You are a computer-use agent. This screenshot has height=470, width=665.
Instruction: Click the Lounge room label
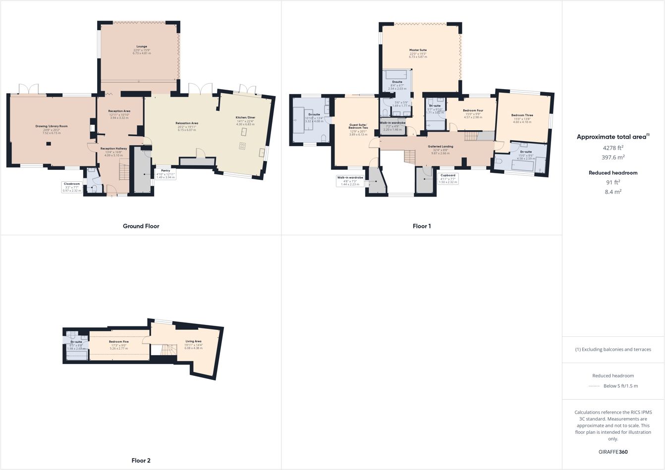click(x=142, y=47)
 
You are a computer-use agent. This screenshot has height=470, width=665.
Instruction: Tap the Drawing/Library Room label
click(x=52, y=126)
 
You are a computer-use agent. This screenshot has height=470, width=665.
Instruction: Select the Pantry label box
click(x=166, y=174)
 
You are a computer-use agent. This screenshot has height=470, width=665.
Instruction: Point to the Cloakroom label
click(x=71, y=187)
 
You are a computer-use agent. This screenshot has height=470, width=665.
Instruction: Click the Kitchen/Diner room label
click(x=245, y=118)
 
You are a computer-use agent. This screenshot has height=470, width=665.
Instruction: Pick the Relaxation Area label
click(x=187, y=123)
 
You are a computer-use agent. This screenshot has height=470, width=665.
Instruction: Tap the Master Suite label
click(x=418, y=50)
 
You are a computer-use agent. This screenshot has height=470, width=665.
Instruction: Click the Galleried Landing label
click(x=441, y=147)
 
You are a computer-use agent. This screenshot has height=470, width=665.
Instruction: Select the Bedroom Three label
click(x=522, y=115)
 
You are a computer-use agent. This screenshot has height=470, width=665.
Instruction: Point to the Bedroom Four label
click(x=473, y=110)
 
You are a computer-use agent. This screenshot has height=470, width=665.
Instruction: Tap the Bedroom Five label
click(x=119, y=342)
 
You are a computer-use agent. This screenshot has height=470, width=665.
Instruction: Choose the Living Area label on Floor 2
click(x=194, y=341)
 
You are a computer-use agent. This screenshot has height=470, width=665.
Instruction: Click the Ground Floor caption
click(x=141, y=226)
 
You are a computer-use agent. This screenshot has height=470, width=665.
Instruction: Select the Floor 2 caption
click(x=141, y=461)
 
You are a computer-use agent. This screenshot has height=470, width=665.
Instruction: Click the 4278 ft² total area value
click(x=613, y=148)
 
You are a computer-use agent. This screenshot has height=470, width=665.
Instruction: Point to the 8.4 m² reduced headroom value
click(x=613, y=192)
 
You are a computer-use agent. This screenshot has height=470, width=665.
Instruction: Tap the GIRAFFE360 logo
click(x=613, y=452)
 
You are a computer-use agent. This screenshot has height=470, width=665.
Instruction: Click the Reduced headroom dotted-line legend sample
click(x=594, y=386)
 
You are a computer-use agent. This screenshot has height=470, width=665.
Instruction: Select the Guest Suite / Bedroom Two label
click(x=358, y=126)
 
